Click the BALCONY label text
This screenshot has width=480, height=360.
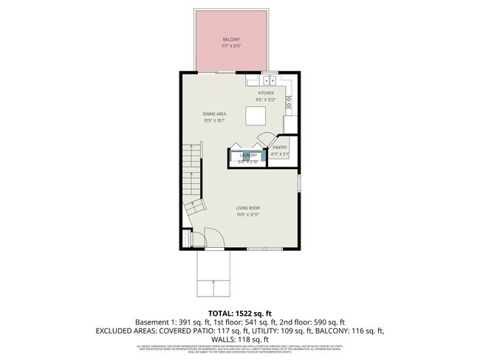(233, 39)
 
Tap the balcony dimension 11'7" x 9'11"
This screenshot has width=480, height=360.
(233, 46)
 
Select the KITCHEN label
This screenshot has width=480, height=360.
(266, 93)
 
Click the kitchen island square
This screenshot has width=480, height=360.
(256, 117)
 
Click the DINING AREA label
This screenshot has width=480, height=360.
(214, 114)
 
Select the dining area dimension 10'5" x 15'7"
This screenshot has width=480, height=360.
(214, 121)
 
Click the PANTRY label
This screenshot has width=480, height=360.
(279, 148)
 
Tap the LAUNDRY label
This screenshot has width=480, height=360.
(247, 155)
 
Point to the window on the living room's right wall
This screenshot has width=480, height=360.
(299, 181)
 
